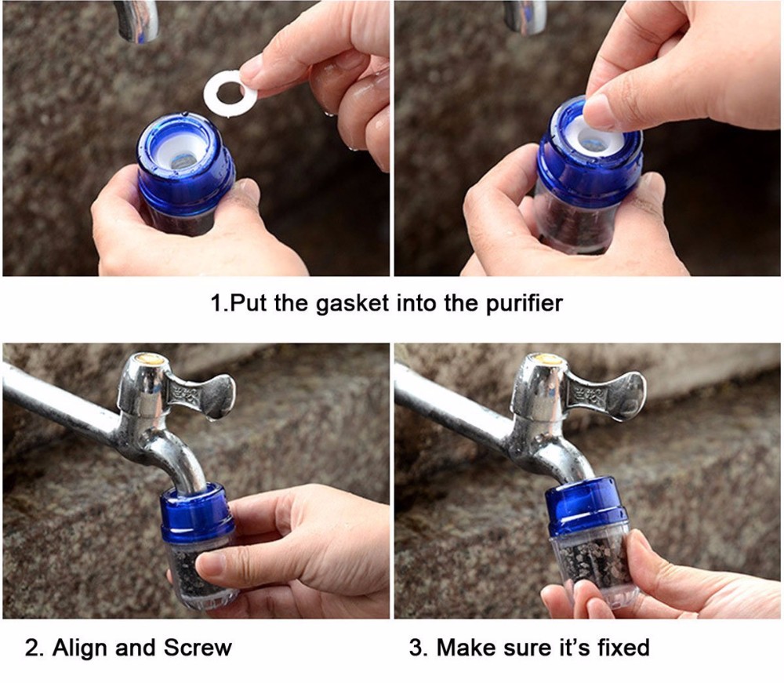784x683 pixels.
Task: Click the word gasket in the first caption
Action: tap(352, 303)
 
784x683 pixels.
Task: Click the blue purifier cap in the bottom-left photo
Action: tap(197, 514)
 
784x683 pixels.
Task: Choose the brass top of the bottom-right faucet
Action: tap(548, 360)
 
